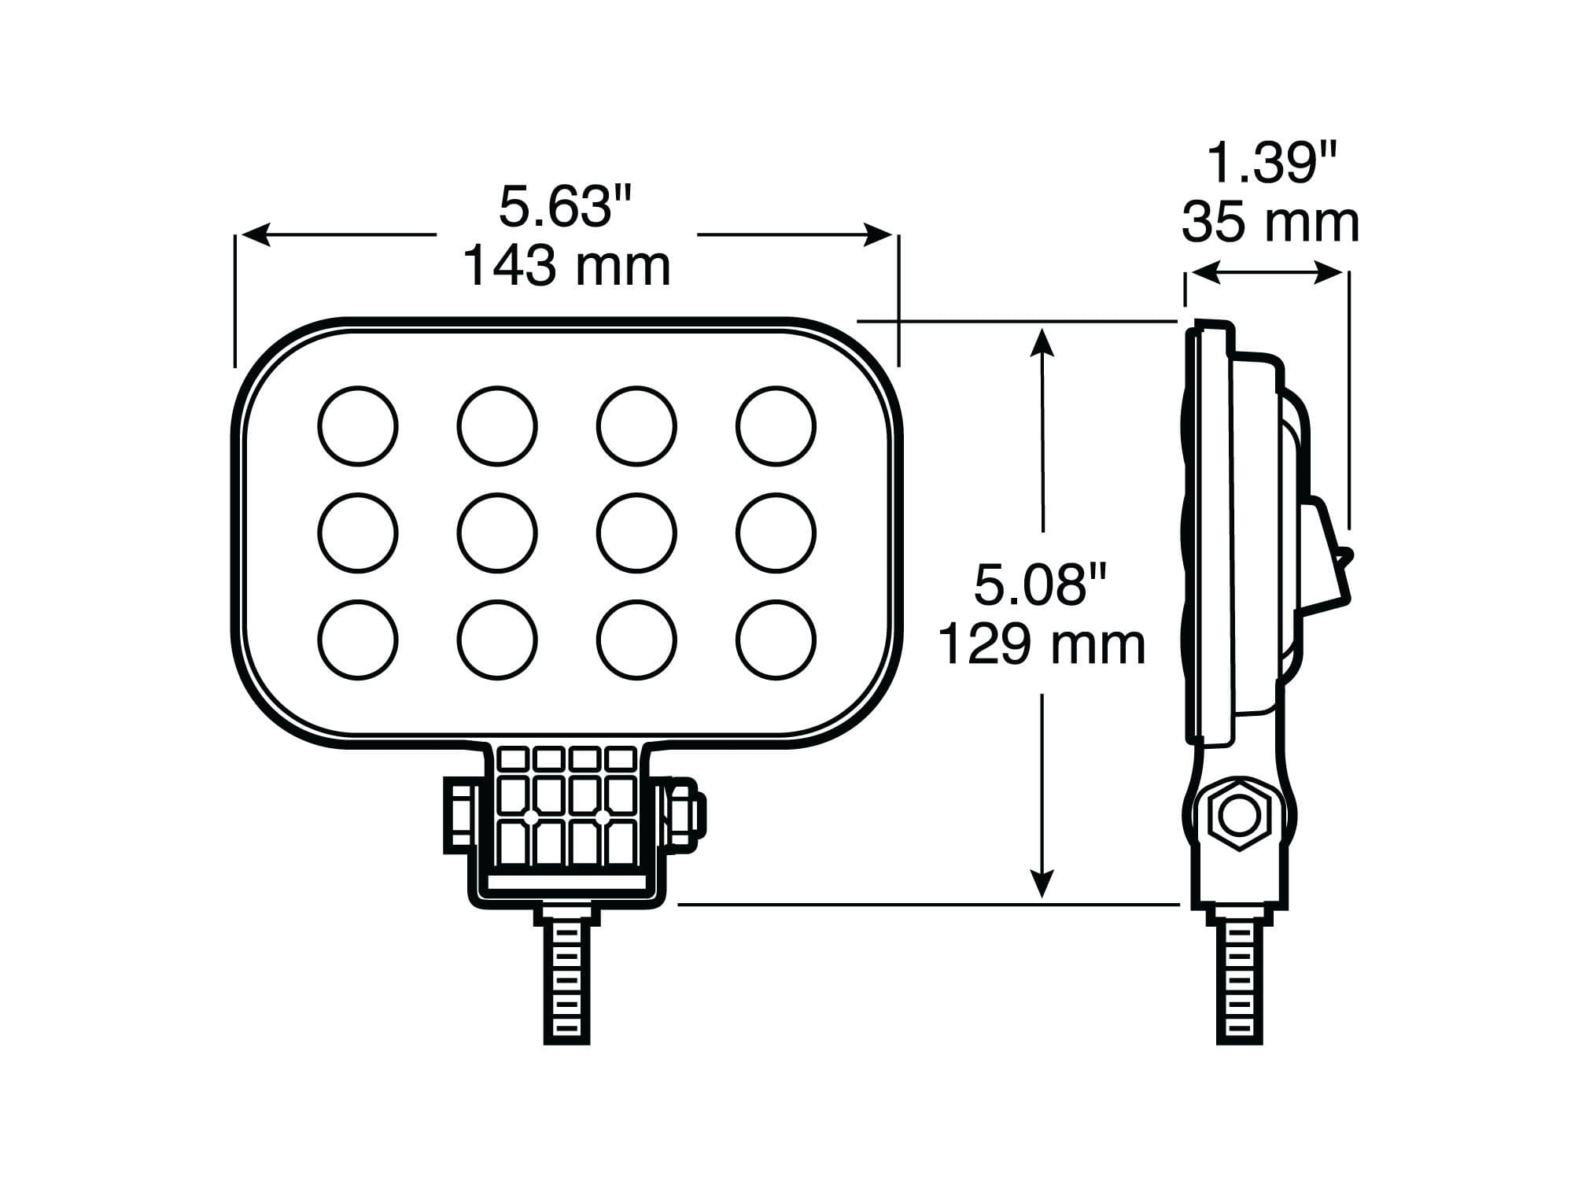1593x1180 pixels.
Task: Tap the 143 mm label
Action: coord(566,266)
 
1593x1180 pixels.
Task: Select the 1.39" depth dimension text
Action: coord(1272,164)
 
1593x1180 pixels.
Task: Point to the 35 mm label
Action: coord(1270,223)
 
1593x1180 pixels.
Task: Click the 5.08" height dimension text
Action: coord(1041,584)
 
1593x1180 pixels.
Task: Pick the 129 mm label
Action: coord(1042,644)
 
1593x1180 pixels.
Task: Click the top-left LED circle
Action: coord(358,426)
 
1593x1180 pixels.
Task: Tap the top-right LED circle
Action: coord(776,426)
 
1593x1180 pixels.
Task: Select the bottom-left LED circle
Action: coord(358,639)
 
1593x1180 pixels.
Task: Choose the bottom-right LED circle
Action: coord(776,639)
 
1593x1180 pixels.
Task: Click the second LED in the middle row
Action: coord(497,533)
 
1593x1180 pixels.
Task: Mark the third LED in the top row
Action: coord(636,426)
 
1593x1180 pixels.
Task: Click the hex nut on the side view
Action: coord(1239,816)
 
